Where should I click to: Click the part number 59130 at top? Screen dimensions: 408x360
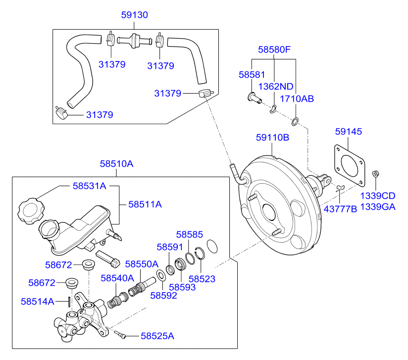[x=135, y=15]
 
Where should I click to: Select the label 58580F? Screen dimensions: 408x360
[x=274, y=50]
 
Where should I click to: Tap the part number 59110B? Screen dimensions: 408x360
[x=272, y=138]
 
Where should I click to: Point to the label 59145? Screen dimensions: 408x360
[x=349, y=131]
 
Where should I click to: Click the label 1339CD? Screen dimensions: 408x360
[x=378, y=196]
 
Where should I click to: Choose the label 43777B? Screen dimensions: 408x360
[x=340, y=209]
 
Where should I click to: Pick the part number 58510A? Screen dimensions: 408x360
[x=116, y=164]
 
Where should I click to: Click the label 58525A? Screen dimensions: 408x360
[x=157, y=336]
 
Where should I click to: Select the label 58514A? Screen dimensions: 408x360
[x=38, y=302]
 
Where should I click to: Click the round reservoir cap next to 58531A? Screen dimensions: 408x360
[x=31, y=211]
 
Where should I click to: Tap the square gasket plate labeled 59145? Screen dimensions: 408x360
[x=350, y=166]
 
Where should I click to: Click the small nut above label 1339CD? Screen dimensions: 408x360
[x=375, y=174]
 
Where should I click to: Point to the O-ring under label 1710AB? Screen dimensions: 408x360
[x=295, y=121]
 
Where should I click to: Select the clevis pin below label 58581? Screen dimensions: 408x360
[x=254, y=98]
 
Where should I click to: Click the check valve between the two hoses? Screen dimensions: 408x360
[x=134, y=41]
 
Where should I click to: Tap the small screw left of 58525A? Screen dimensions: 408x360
[x=120, y=334]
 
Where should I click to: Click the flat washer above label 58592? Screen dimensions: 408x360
[x=161, y=276]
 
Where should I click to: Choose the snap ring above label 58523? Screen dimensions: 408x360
[x=200, y=253]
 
